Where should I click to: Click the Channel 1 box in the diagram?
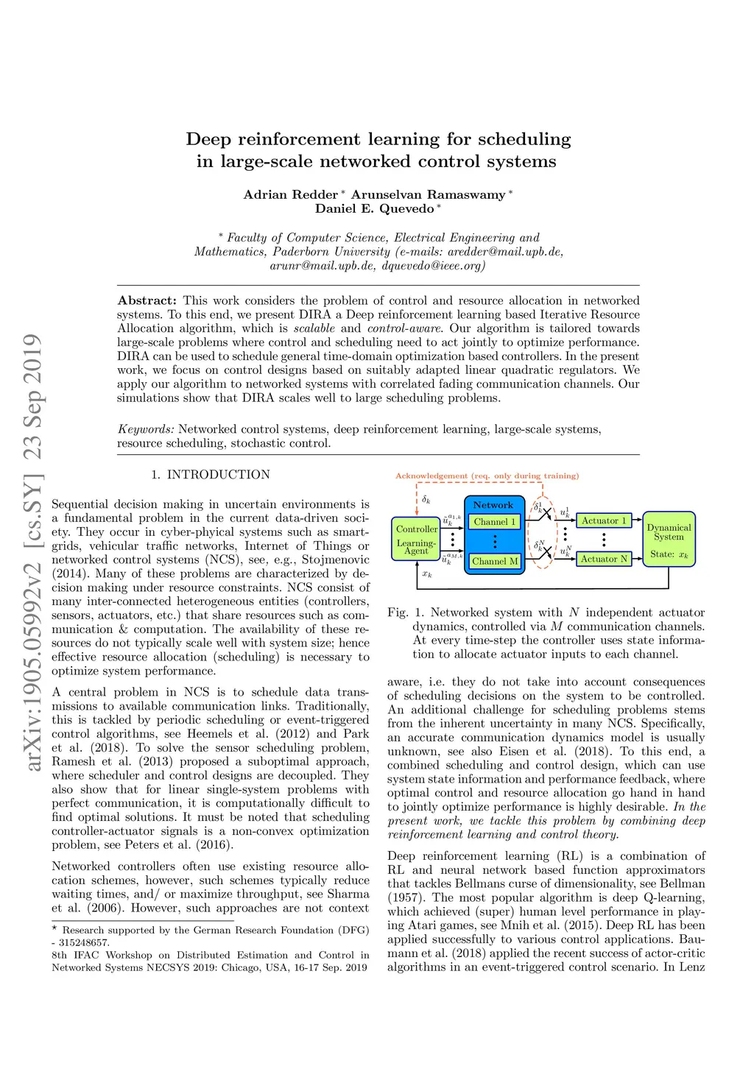pos(495,522)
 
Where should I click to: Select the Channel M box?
pos(495,561)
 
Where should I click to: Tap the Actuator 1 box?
pos(604,520)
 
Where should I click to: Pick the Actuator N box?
pos(604,559)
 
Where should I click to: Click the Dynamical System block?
pos(669,539)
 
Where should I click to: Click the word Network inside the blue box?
pos(493,505)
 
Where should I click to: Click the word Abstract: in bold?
pos(147,300)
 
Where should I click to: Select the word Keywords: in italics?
pos(146,429)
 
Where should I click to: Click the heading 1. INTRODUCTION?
pos(211,475)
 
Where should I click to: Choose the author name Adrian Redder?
pos(291,194)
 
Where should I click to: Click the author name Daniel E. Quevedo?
pos(375,208)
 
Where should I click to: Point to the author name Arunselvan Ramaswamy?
pos(429,194)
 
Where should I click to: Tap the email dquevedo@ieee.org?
pos(433,265)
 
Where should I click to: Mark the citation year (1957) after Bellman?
pos(406,897)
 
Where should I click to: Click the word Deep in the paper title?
pos(209,139)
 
